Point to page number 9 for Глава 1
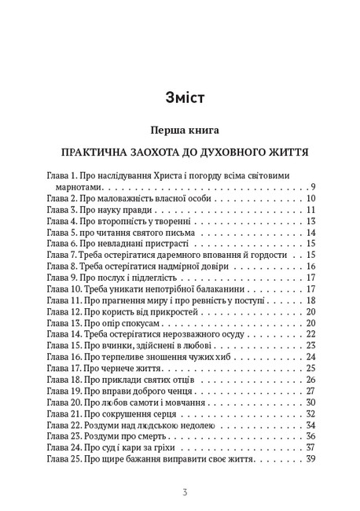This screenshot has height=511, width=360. tap(312, 187)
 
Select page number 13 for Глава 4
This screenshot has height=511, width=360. tap(310, 222)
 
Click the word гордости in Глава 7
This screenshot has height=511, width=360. tap(267, 255)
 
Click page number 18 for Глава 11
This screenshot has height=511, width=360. tap(310, 300)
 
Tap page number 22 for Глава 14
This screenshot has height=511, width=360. tap(310, 334)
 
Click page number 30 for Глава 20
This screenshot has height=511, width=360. tap(310, 402)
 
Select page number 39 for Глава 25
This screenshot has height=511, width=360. tap(310, 458)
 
